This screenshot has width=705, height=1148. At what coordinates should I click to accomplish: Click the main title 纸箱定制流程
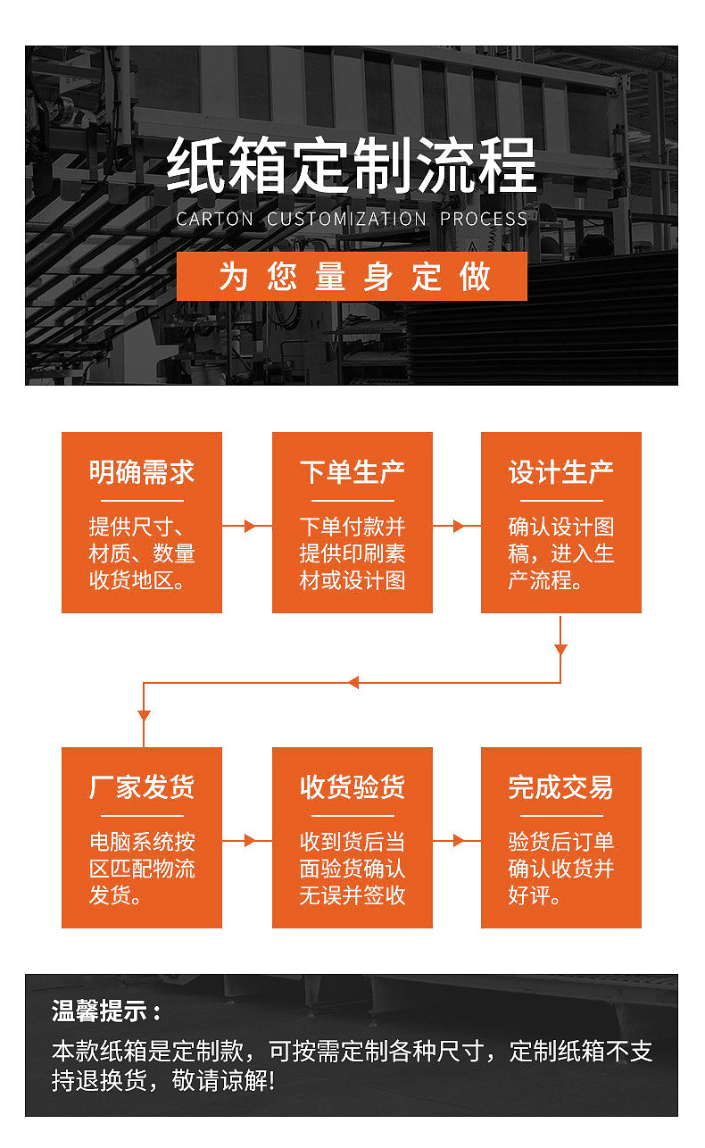pyautogui.click(x=352, y=165)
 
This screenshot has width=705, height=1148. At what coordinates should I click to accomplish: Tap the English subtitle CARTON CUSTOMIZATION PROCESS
pyautogui.click(x=352, y=219)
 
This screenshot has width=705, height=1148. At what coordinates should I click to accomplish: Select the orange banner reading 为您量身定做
pyautogui.click(x=352, y=277)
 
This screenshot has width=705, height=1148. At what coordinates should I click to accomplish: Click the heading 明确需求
pyautogui.click(x=142, y=472)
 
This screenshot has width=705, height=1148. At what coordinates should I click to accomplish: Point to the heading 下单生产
pyautogui.click(x=352, y=472)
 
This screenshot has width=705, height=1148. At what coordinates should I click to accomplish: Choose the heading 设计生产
pyautogui.click(x=560, y=472)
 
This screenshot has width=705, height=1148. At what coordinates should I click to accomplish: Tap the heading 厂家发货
pyautogui.click(x=142, y=787)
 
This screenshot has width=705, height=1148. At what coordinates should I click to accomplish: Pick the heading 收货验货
pyautogui.click(x=352, y=787)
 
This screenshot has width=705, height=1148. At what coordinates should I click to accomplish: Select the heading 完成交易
pyautogui.click(x=560, y=787)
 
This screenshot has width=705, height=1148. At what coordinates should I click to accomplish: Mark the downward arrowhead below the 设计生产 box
pyautogui.click(x=560, y=649)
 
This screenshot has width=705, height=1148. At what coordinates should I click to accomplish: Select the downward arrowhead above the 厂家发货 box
pyautogui.click(x=144, y=715)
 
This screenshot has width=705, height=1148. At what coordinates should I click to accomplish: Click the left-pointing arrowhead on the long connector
pyautogui.click(x=352, y=683)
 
